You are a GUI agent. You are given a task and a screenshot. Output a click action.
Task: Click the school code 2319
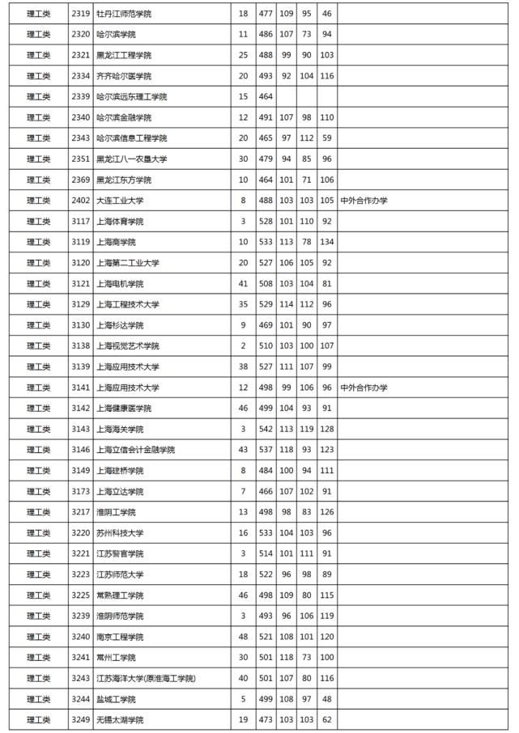tap(80, 14)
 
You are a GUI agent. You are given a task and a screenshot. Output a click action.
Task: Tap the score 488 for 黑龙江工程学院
tap(264, 56)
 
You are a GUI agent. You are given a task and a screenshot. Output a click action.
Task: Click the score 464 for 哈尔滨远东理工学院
tap(264, 97)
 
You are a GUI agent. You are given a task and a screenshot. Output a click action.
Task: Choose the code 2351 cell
tap(80, 159)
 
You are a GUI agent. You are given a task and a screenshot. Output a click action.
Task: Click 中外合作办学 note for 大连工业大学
tap(364, 201)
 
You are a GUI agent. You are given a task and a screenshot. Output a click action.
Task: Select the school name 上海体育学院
tap(119, 222)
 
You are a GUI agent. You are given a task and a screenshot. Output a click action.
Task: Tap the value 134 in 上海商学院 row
tap(326, 242)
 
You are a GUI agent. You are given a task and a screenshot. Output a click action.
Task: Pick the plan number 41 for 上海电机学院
tap(244, 284)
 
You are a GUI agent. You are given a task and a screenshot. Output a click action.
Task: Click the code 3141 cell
tap(80, 388)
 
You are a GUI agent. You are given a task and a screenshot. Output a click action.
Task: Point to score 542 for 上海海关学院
tap(264, 429)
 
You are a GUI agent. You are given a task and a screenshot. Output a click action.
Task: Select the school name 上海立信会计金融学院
tap(135, 450)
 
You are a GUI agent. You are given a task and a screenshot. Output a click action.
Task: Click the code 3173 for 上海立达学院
tap(80, 491)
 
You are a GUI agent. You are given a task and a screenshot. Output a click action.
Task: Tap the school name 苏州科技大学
tap(119, 533)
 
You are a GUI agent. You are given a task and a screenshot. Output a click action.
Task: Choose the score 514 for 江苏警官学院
tap(264, 553)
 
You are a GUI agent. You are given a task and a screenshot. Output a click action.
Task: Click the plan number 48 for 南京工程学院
tap(244, 637)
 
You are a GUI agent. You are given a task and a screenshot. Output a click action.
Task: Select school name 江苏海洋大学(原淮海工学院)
tap(145, 678)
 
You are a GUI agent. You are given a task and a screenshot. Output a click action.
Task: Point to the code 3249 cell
tap(80, 719)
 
